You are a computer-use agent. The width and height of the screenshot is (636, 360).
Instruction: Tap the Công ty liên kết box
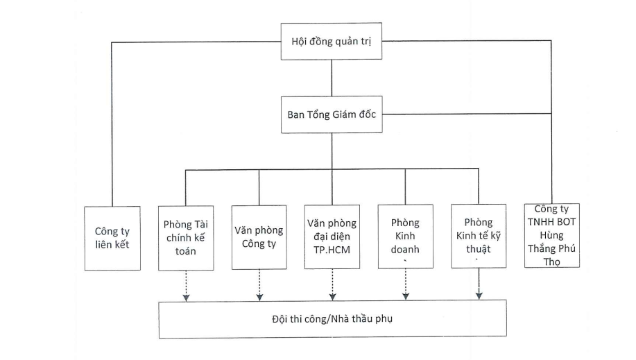coord(112,238)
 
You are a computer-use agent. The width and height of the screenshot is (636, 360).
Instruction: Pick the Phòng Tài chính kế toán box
coord(185,237)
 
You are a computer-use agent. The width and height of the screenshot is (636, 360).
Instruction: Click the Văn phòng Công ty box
coord(259,237)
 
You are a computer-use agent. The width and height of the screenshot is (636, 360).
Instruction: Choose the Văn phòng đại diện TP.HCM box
coord(332,237)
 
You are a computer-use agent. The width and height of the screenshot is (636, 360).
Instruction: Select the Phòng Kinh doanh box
coord(406,236)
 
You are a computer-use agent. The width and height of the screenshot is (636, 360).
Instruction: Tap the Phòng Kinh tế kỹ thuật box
coord(479,236)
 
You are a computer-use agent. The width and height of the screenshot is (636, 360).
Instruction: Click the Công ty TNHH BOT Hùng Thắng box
coord(552,237)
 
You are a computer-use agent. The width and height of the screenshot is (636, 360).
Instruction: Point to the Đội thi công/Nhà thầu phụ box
coord(332,320)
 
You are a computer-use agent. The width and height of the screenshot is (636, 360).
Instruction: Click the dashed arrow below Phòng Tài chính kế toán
coord(185,284)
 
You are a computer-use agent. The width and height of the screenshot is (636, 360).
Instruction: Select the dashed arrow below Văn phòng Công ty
coord(259,284)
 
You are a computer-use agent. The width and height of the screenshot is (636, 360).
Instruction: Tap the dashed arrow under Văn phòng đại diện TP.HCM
coord(332,284)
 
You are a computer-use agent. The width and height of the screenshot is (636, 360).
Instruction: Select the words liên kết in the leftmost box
coord(112,245)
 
